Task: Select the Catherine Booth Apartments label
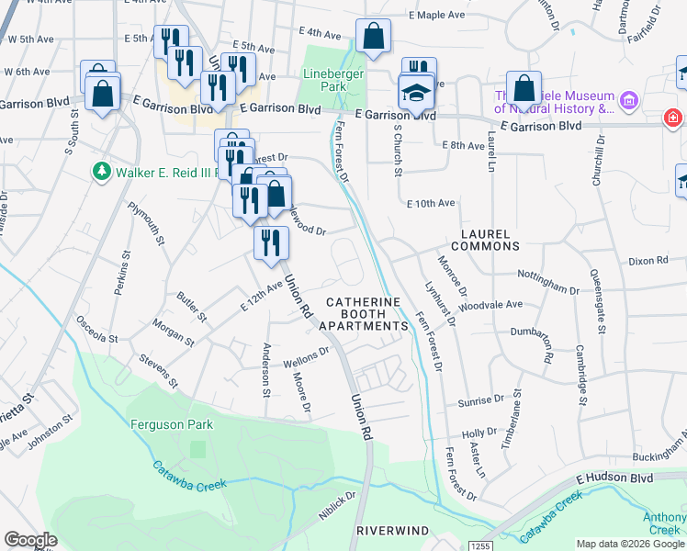point(365,313)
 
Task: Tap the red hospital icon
point(674,118)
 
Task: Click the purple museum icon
point(629,99)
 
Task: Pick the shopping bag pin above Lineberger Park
point(373,38)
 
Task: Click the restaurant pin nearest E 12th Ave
point(271,243)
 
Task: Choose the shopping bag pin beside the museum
point(524,89)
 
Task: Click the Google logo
point(31,539)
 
